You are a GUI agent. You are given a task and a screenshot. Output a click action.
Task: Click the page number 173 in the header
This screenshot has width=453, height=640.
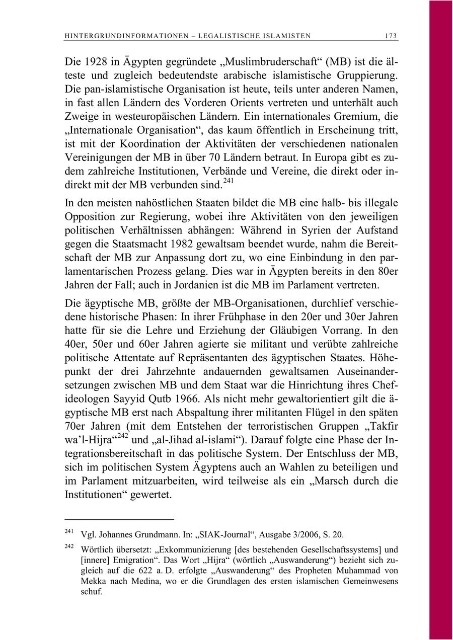tap(391, 36)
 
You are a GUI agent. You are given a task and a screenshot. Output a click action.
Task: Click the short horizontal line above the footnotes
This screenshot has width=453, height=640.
tap(119, 519)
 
